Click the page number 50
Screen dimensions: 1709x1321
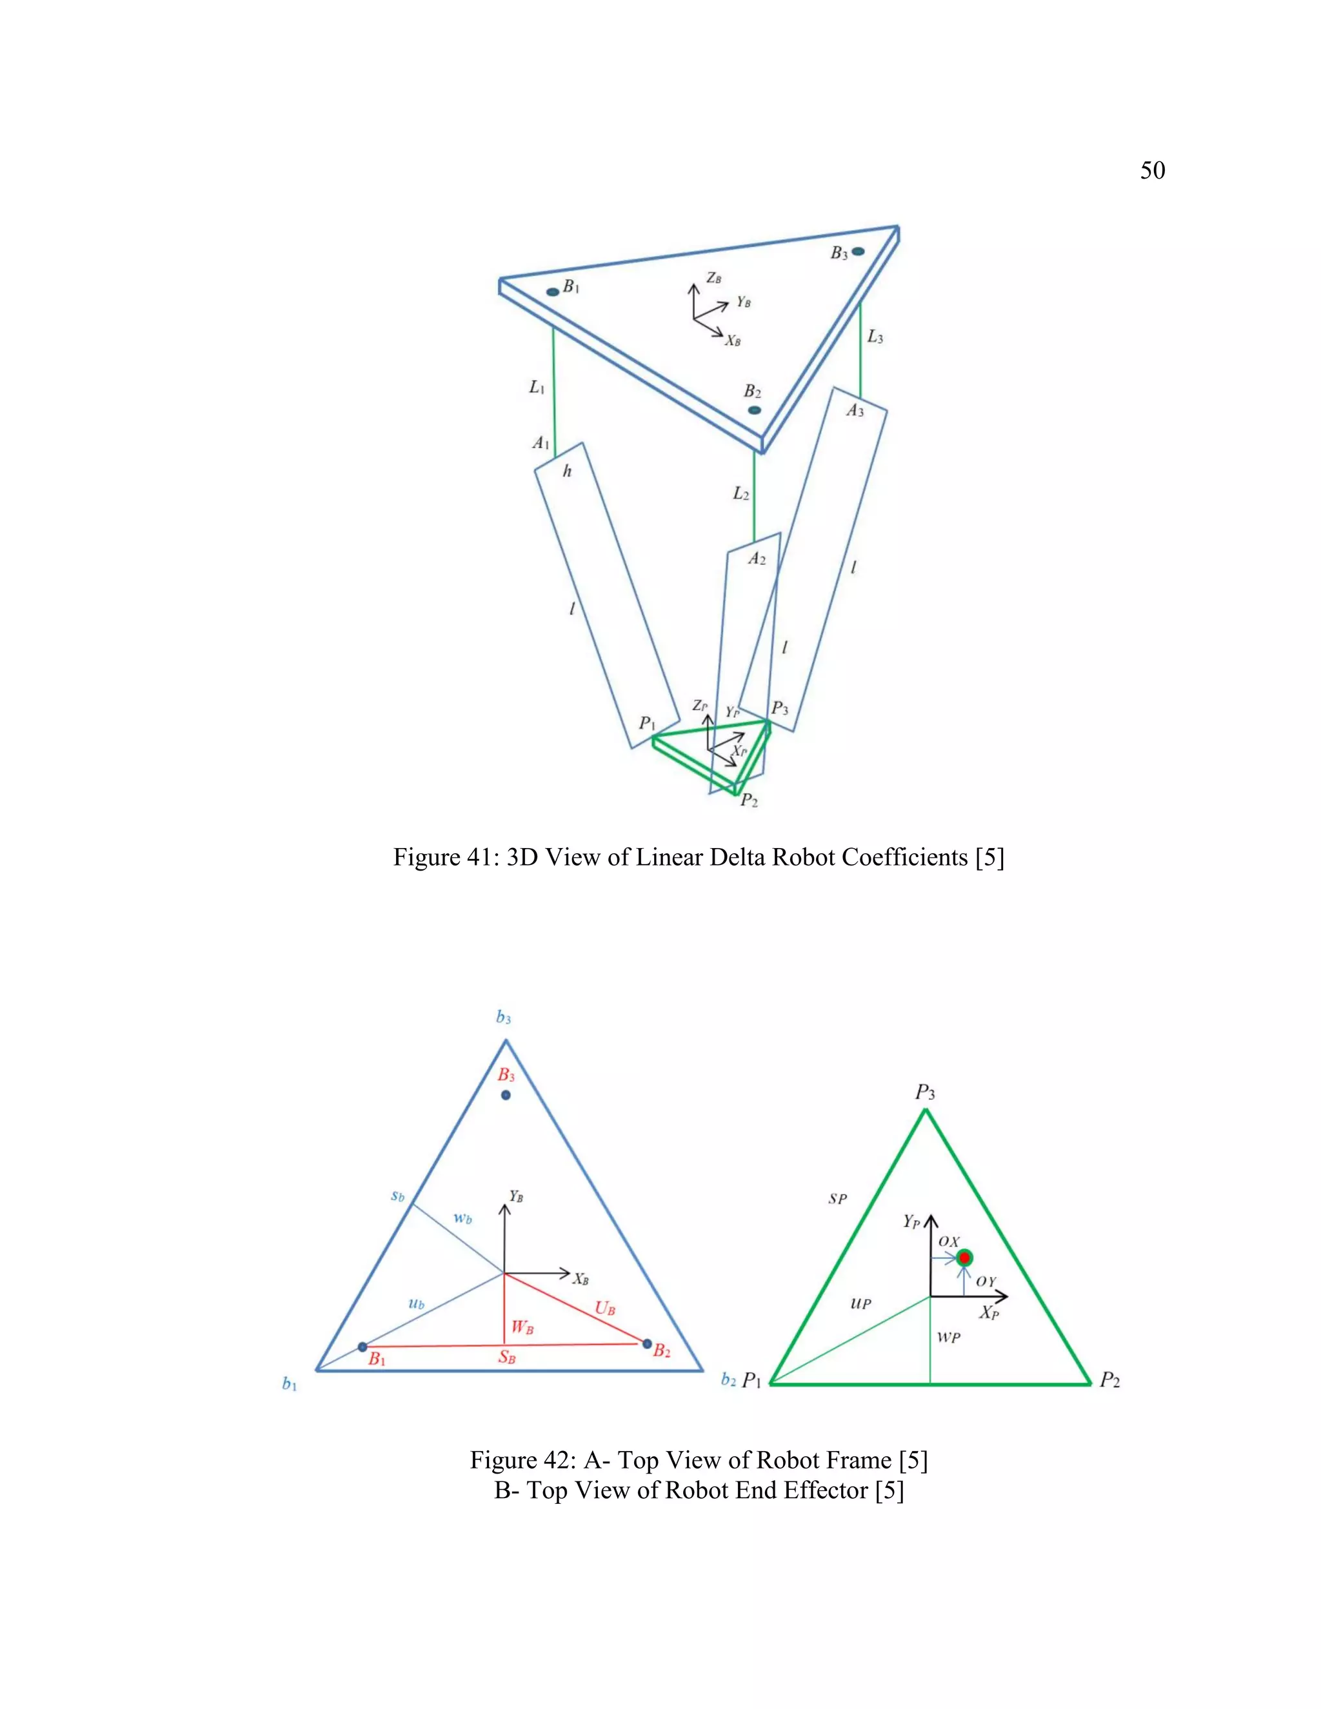point(1152,171)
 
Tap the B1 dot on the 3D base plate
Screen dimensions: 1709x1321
point(553,291)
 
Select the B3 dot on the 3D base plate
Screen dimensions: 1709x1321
point(859,251)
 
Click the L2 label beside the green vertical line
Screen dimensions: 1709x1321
point(741,494)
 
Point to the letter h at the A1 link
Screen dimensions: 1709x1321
point(568,471)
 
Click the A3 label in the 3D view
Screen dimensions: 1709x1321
point(855,411)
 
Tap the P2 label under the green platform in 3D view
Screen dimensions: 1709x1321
point(749,800)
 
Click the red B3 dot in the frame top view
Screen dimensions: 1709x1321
point(506,1095)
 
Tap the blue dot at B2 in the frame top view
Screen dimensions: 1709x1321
point(646,1343)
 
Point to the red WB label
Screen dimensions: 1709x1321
point(522,1327)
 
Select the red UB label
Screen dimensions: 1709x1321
point(605,1308)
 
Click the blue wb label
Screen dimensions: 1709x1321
point(462,1218)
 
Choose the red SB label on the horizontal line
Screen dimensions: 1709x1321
point(507,1357)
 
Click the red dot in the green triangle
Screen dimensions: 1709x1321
point(964,1258)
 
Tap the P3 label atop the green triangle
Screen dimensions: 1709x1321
point(925,1092)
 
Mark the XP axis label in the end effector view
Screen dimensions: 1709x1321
point(989,1312)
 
